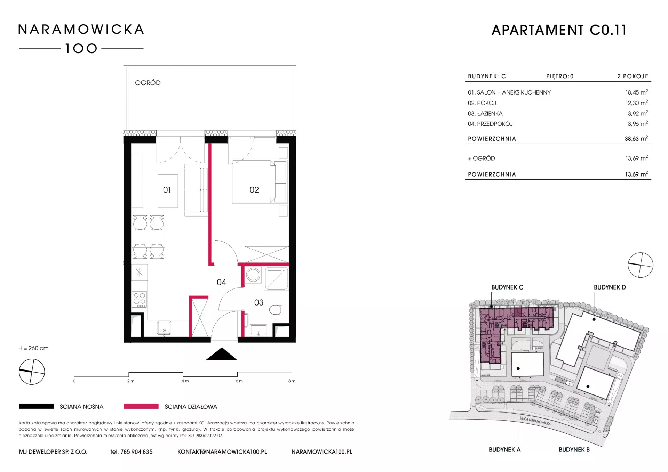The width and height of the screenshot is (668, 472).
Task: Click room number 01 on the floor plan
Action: click(x=167, y=190)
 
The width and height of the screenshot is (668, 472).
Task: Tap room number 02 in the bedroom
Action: click(x=254, y=190)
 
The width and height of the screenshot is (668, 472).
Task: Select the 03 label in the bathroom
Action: click(x=259, y=302)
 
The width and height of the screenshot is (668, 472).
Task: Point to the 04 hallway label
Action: click(x=221, y=282)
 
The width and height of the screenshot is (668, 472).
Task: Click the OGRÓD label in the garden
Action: click(x=148, y=83)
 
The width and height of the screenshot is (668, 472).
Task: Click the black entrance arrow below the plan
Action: click(x=222, y=354)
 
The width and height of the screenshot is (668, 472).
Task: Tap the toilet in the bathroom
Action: click(x=277, y=309)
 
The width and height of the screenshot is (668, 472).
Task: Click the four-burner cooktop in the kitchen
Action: click(x=140, y=299)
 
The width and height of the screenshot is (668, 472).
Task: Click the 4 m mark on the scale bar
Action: click(x=185, y=381)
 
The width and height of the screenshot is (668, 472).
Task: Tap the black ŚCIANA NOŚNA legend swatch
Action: click(x=36, y=406)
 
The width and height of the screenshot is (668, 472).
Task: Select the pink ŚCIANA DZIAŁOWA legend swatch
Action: click(x=141, y=406)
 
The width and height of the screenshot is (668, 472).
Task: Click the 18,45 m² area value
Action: click(x=636, y=92)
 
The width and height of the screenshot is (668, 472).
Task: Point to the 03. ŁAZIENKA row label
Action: click(x=485, y=114)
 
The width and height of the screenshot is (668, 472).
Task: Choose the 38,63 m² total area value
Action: click(x=636, y=138)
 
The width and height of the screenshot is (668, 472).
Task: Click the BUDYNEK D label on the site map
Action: click(x=610, y=287)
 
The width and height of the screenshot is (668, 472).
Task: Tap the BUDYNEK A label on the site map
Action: click(x=504, y=450)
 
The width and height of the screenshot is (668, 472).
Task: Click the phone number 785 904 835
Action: click(x=136, y=452)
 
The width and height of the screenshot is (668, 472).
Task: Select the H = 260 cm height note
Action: click(x=34, y=348)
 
